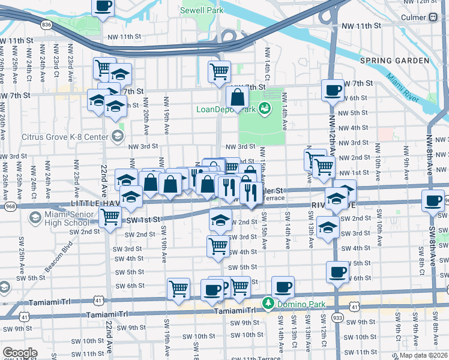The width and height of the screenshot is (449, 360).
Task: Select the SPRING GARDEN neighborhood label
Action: point(394,61)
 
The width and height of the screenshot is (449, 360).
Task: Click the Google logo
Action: point(19,352)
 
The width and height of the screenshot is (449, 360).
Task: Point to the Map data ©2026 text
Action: point(423,355)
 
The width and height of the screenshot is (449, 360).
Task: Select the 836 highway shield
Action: point(47,25)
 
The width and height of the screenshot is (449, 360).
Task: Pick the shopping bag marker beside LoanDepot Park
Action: point(238,97)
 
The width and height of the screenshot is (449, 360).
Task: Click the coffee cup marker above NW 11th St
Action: point(103,6)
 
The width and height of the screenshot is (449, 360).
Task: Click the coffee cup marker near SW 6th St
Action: point(337,272)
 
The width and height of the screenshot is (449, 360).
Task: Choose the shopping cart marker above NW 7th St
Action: point(219,71)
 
